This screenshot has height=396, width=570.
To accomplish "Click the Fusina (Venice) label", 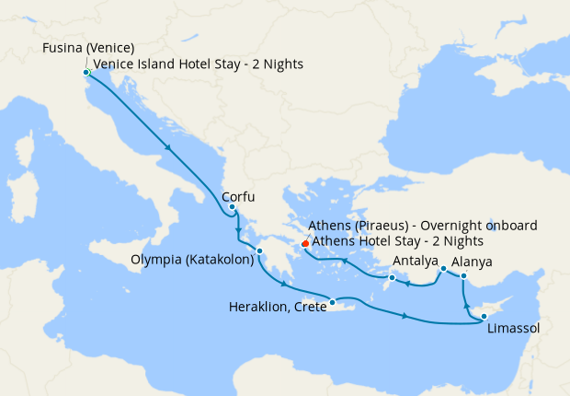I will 89,48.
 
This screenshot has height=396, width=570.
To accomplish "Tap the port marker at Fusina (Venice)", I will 85,72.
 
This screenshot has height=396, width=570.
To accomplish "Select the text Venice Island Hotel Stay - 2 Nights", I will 198,64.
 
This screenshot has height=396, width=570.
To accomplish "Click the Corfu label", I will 238,197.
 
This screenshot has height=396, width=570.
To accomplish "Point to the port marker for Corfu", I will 233,207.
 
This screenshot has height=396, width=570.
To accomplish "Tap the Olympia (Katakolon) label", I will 194,260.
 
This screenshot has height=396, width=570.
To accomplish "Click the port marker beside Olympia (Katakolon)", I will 260,250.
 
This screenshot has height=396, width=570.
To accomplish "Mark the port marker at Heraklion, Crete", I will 332,300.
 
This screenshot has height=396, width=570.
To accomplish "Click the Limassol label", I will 514,329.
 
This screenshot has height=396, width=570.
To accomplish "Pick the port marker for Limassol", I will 484,317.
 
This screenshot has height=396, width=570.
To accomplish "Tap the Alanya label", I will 472,261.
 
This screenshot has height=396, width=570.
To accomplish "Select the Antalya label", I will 416,261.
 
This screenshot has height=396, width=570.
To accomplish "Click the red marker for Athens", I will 304,243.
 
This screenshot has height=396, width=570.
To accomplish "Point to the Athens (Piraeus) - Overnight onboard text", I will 423,227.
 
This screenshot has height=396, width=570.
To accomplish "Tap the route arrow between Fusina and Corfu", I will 168,147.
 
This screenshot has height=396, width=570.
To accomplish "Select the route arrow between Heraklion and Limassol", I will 405,317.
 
